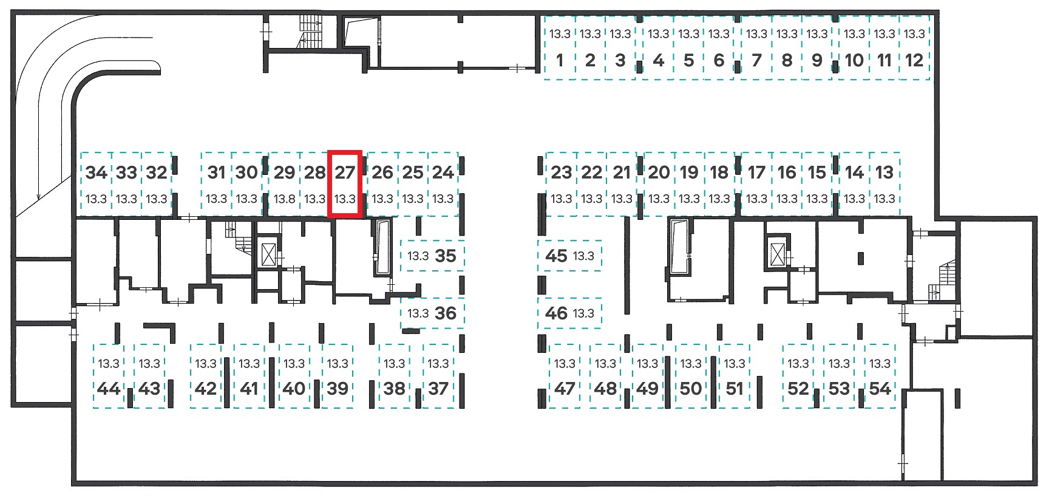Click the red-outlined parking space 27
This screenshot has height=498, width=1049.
pos(345,184)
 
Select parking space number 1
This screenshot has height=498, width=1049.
pos(560,48)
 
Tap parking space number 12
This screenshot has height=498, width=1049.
pos(914,48)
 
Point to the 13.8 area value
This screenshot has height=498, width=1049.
pos(284,199)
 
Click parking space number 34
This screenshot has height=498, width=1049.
pos(96,184)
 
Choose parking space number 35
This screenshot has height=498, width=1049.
pos(432,256)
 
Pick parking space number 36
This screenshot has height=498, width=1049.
pos(432,313)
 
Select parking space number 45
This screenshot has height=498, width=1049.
pos(569,256)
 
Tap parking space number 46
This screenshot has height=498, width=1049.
pos(569,313)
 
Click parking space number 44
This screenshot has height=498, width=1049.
pos(109,376)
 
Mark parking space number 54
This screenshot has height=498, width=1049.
pos(880,376)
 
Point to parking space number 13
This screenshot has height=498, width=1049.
pos(884,184)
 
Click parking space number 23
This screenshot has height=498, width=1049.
pos(562,184)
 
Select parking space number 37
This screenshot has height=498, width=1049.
pos(438,376)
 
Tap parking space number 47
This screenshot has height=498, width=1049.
pos(565,376)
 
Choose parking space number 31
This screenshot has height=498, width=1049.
pos(217,184)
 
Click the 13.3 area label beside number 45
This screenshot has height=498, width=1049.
pos(583,256)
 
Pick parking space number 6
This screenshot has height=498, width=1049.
pos(719,48)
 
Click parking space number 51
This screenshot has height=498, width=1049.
pos(735,376)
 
